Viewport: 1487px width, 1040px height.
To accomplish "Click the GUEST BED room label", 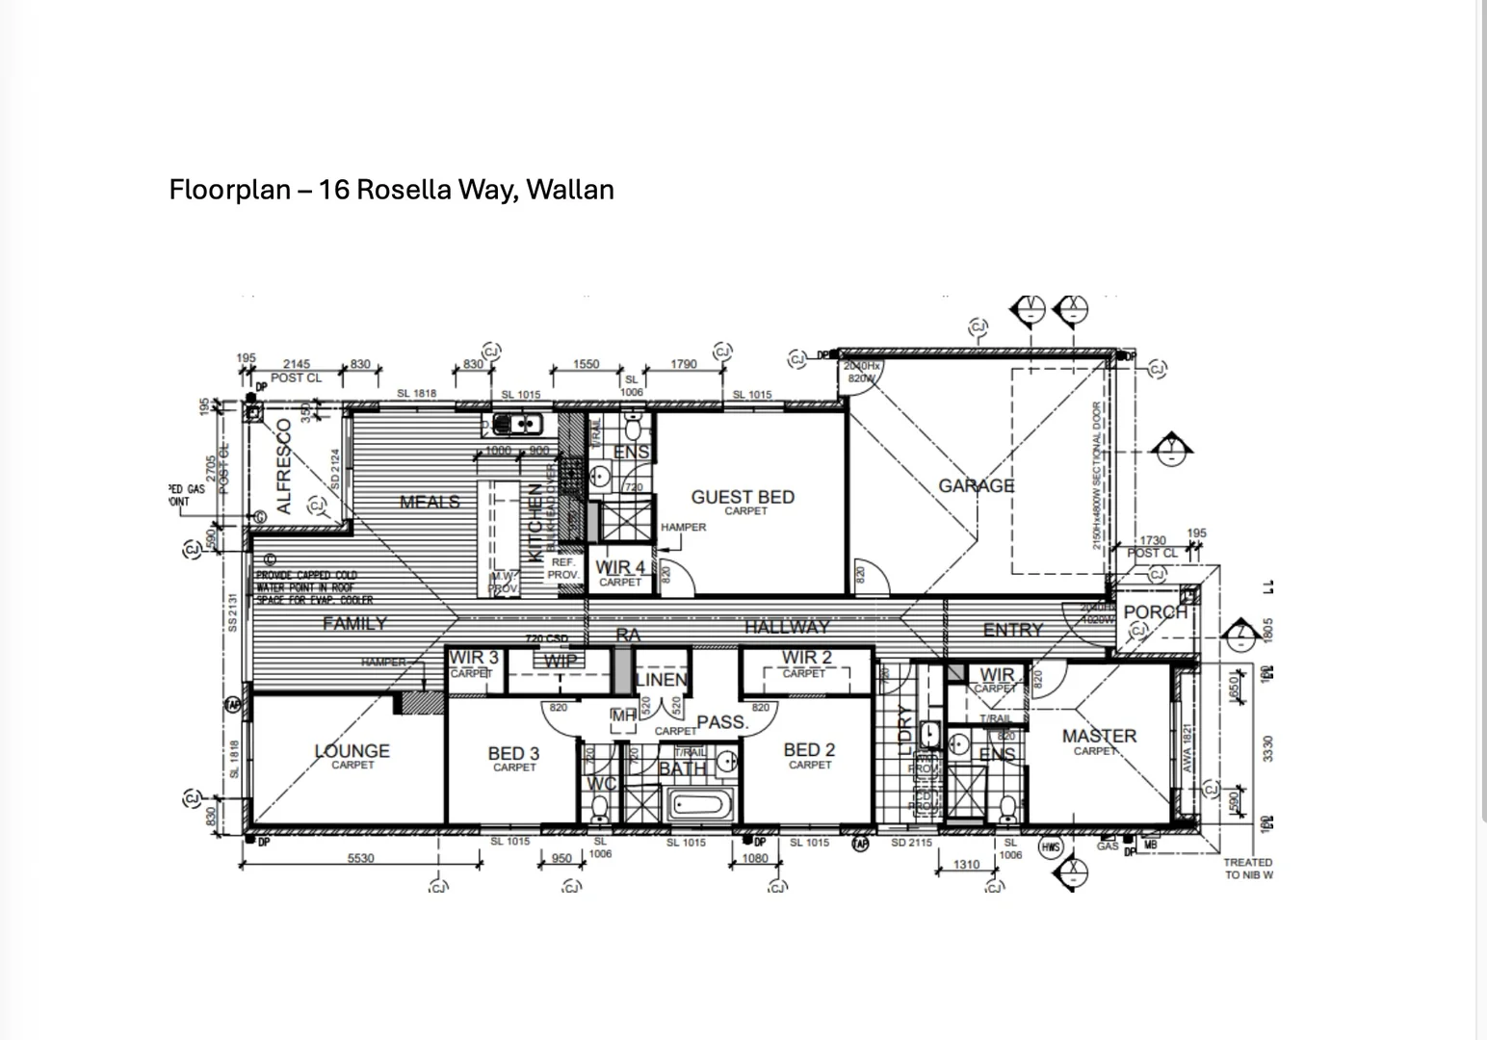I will (743, 498).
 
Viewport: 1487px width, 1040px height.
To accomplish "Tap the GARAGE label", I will (977, 486).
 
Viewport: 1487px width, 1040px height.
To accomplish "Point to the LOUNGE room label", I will (352, 751).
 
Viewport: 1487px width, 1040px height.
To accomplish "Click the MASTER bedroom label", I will (1099, 737).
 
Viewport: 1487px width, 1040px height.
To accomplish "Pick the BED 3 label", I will (513, 754).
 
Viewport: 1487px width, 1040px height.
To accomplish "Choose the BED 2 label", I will (809, 750).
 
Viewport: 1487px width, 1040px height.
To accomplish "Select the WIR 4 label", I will (620, 567).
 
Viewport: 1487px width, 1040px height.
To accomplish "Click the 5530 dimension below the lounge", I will (360, 858).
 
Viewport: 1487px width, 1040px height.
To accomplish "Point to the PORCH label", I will (1154, 612).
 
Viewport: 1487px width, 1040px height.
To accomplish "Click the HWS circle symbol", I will (1050, 847).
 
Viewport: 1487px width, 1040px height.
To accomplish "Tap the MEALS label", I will (430, 502).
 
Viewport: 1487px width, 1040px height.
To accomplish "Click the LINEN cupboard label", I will (661, 680).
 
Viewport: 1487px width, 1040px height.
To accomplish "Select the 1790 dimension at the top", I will (683, 365).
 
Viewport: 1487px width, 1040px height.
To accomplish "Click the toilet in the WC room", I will (599, 805).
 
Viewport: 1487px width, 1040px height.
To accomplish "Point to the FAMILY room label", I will (354, 624).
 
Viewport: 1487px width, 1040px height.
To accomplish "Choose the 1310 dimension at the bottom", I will (966, 864).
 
